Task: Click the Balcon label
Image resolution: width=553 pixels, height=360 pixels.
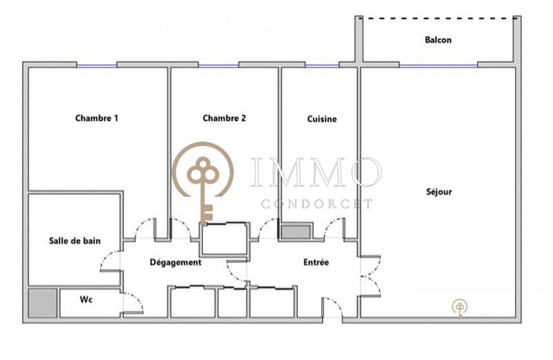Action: (438, 40)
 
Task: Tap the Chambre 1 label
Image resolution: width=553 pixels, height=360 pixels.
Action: (96, 118)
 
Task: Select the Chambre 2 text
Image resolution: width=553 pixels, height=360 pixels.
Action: (224, 118)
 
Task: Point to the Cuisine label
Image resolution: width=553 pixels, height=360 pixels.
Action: (321, 119)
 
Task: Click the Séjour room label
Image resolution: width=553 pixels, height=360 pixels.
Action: (438, 191)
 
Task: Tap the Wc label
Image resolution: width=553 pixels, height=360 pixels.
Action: (86, 300)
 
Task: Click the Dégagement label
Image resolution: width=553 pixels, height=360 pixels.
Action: (176, 263)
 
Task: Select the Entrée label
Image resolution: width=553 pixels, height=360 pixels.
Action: (316, 263)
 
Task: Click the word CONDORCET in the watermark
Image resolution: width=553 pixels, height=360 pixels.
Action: (317, 204)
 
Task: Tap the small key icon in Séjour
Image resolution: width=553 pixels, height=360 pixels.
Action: (460, 308)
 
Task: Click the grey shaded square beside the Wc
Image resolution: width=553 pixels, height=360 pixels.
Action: (42, 303)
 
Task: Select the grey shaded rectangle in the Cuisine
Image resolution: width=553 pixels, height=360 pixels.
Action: (296, 231)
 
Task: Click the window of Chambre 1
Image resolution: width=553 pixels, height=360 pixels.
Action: (96, 65)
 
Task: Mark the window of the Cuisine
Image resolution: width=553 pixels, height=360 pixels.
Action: (321, 65)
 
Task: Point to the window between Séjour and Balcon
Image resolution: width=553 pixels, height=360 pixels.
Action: (438, 65)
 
